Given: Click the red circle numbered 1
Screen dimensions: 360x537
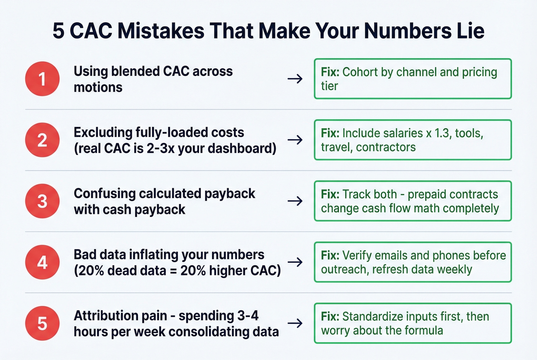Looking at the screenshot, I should click(42, 79).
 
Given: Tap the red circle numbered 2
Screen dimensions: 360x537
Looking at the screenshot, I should click(42, 140).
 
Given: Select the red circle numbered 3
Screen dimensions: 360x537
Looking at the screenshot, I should click(42, 201).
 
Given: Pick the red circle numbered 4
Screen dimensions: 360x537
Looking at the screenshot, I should click(42, 262).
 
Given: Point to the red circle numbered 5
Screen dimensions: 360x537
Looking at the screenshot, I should click(42, 324).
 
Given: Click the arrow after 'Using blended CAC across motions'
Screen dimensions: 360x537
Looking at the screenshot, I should click(295, 79).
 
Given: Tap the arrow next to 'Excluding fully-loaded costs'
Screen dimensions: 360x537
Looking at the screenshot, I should click(295, 140).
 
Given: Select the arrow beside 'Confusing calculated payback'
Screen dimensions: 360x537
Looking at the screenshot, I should click(295, 201).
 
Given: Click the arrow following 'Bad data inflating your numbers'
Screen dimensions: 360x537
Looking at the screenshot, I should click(295, 262).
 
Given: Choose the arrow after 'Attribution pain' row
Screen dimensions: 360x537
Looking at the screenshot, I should click(295, 323).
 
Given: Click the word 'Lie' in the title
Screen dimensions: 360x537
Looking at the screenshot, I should click(470, 31).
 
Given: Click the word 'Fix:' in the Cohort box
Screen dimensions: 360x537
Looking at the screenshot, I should click(330, 72).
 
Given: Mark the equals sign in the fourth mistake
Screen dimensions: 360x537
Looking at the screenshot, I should click(173, 271).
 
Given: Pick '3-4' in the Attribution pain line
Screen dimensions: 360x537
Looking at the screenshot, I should click(248, 316).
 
